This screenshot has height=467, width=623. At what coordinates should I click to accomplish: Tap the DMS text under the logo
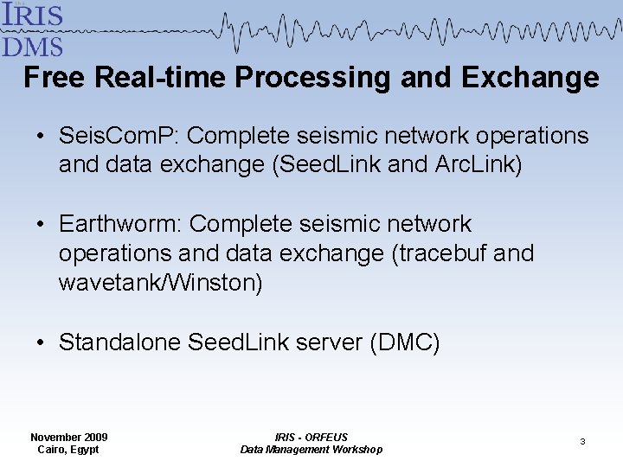point(33,44)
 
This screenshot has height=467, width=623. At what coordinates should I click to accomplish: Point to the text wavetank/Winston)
point(160,283)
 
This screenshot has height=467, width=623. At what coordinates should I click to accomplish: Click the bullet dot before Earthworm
point(41,225)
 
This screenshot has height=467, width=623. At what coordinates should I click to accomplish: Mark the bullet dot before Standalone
point(41,343)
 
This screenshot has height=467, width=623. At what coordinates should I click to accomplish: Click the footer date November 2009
point(68,437)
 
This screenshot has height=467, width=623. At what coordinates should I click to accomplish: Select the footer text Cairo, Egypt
point(68,450)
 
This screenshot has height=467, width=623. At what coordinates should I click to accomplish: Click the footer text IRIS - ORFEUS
point(311,437)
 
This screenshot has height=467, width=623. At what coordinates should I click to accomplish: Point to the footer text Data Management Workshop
point(311,450)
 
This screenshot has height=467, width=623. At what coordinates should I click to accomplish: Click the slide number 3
point(582,442)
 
